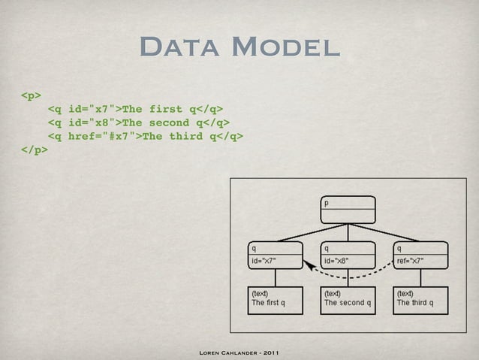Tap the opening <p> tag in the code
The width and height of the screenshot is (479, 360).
31,95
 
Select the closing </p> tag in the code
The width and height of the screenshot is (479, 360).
35,150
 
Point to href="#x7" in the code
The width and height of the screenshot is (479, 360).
102,136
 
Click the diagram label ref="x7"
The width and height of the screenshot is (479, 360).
411,262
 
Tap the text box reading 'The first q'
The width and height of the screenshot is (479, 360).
275,299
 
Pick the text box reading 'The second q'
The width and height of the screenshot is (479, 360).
348,299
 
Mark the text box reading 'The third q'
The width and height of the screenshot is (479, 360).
420,299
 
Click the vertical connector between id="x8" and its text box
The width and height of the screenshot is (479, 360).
348,278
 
